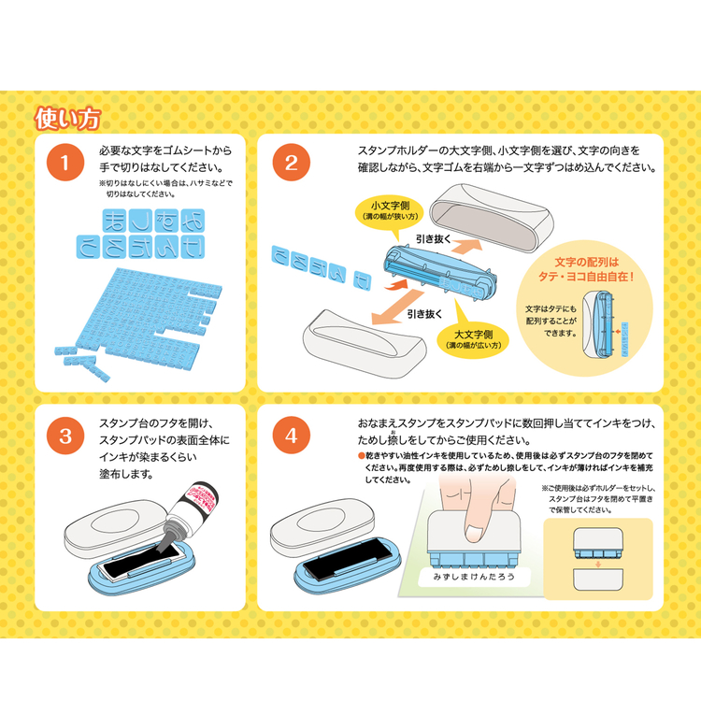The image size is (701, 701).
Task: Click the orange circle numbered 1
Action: click(x=64, y=164)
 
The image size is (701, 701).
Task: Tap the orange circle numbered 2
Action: click(x=291, y=164)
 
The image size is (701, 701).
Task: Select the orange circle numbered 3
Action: click(x=64, y=436)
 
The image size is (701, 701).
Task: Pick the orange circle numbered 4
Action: click(x=291, y=436)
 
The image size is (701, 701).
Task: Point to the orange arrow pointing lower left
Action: click(x=378, y=308)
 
